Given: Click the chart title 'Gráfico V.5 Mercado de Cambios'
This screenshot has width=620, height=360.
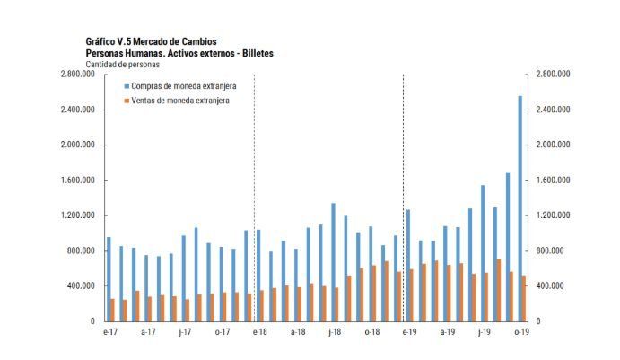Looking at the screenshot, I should point(151,41).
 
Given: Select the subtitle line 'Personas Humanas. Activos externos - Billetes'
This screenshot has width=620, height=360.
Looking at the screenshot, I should point(179,53).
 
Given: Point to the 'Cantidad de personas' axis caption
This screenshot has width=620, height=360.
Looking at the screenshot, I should point(123,65).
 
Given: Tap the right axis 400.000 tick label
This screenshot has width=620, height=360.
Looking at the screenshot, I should point(549,285).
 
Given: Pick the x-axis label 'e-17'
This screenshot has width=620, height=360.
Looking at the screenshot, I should point(109,333).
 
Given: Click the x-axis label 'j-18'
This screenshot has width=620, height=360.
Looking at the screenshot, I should point(333,333).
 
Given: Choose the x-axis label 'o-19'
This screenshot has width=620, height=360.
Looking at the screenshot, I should point(520,333).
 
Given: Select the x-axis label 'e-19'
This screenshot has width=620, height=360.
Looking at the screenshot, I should point(408,333).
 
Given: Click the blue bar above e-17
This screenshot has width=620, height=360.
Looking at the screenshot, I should point(109,279).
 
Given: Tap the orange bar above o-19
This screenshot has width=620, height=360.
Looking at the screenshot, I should point(524,298).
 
